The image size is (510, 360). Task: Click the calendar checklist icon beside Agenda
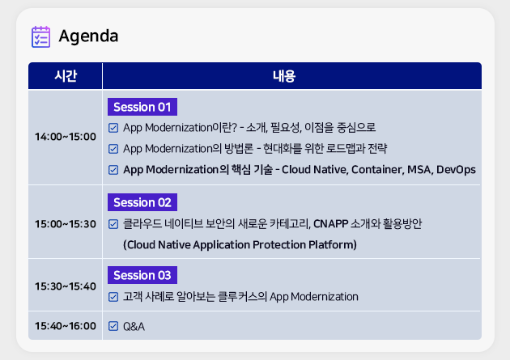40,36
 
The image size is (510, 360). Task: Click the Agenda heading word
88,36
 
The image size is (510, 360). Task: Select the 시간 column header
66,76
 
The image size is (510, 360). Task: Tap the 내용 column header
284,76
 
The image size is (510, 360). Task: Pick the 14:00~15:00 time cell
66,137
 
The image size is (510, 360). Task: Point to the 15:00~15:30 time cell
66,224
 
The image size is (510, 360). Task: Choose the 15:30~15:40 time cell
66,286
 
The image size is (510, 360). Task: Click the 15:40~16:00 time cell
66,326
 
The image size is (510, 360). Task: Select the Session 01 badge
142,107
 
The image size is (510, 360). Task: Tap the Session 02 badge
142,202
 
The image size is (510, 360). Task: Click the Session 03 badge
142,275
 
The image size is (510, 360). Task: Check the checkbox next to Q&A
113,326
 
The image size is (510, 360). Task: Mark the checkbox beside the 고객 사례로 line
113,297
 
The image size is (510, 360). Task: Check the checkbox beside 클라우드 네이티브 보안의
113,224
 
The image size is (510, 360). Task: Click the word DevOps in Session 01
456,170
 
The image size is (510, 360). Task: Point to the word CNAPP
331,224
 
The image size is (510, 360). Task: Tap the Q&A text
134,326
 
